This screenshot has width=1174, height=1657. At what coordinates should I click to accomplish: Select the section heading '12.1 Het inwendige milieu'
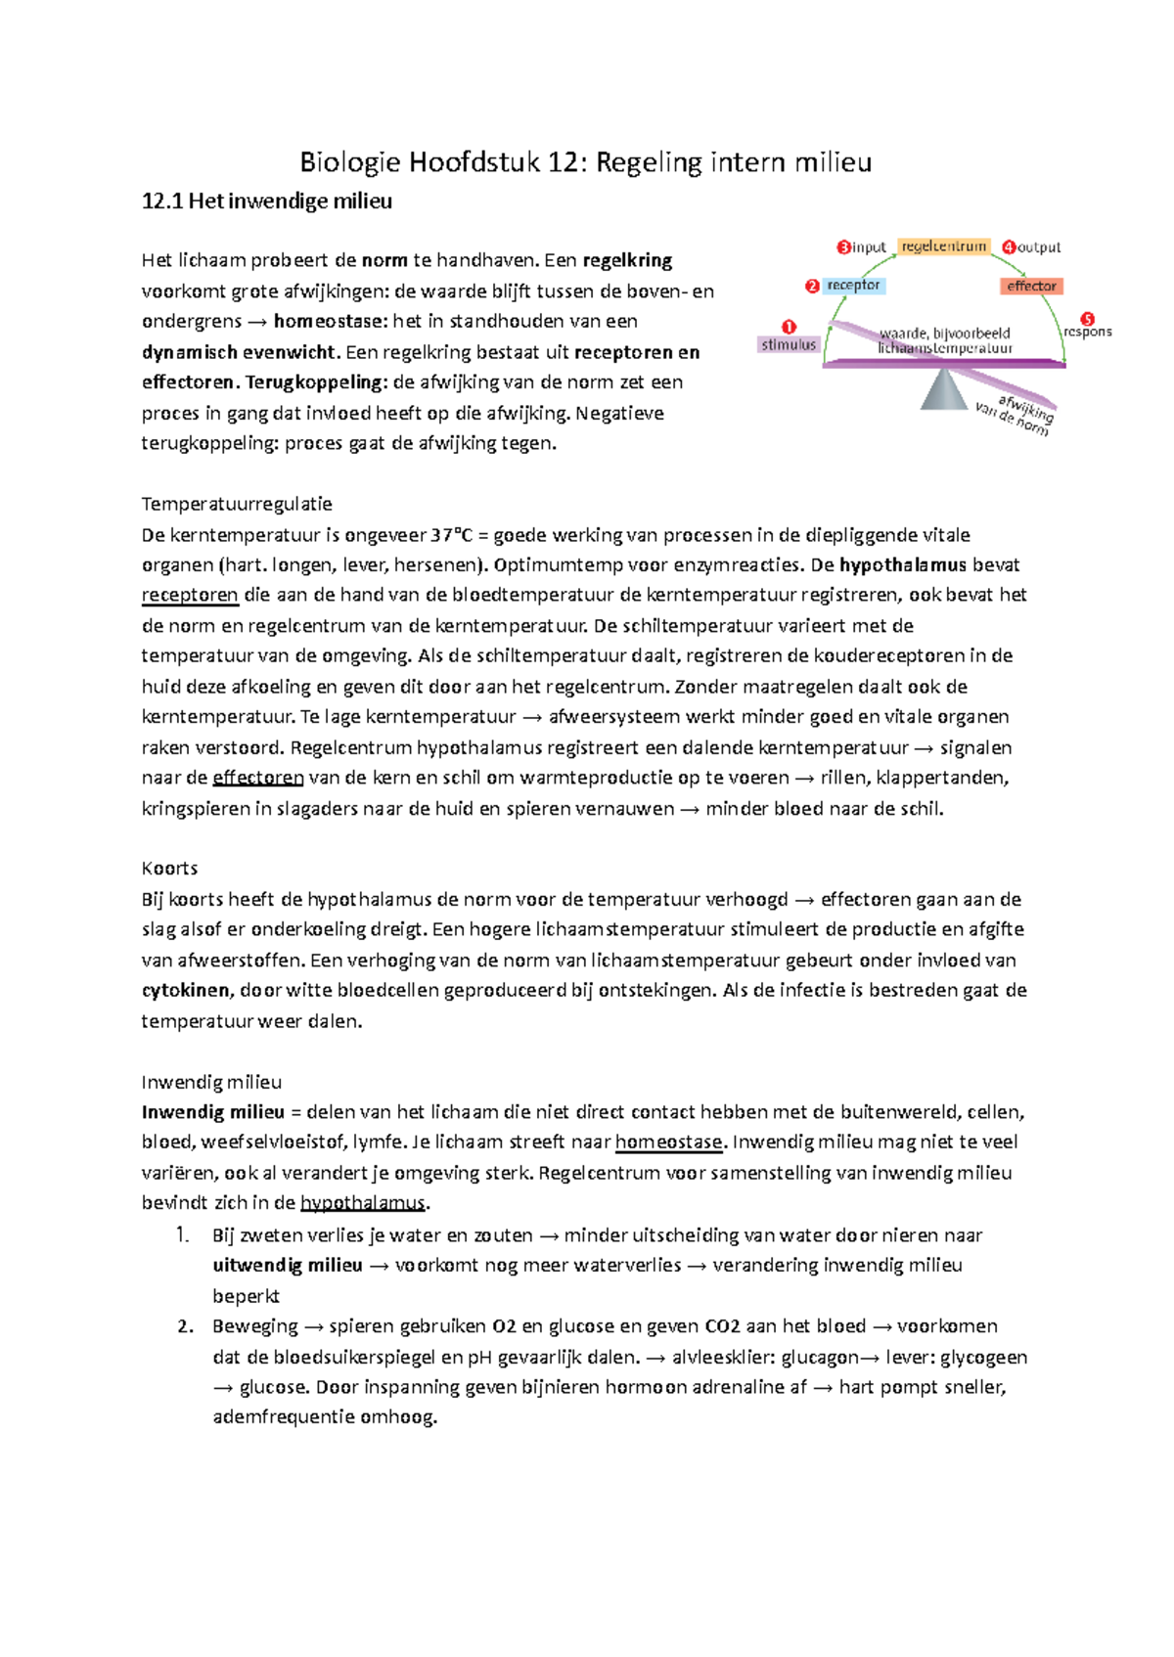click(x=266, y=202)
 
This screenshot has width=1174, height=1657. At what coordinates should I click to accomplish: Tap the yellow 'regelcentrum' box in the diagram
click(x=943, y=246)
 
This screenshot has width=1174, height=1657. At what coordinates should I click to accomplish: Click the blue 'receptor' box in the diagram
click(x=853, y=286)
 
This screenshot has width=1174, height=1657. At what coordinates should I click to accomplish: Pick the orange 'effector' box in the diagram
click(x=1031, y=286)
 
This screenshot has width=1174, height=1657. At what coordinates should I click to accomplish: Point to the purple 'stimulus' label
click(x=788, y=345)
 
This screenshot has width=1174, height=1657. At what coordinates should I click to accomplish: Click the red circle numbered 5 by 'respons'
click(x=1087, y=319)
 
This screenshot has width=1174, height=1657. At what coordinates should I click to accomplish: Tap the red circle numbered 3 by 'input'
click(x=843, y=247)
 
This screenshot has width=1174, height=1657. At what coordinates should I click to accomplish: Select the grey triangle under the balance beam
click(x=943, y=390)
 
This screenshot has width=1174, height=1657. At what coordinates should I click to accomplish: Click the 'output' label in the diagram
click(x=1039, y=247)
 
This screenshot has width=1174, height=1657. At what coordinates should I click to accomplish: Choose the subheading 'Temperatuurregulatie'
click(x=237, y=505)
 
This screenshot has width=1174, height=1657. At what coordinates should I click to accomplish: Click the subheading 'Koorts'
click(x=169, y=869)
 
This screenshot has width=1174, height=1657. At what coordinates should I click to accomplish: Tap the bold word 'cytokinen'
click(x=186, y=991)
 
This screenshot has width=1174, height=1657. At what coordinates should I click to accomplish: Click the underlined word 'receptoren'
click(x=190, y=596)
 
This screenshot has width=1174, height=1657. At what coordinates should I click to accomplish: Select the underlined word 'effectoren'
click(x=258, y=779)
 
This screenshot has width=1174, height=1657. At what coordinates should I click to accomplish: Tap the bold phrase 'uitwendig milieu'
click(x=287, y=1266)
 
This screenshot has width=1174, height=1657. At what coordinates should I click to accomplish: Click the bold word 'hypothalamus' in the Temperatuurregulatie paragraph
click(x=902, y=565)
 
